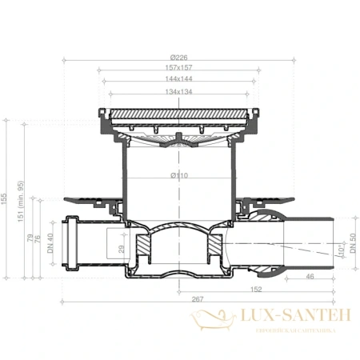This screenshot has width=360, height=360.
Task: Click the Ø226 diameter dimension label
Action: coord(179,57)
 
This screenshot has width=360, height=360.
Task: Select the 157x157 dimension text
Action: coord(179,67)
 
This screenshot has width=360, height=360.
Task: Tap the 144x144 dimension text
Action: coord(179,78)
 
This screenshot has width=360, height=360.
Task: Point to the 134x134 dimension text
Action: coord(179,90)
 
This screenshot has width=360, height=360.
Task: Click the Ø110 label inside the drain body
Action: coord(179,175)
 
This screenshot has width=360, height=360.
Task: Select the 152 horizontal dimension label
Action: coord(256,288)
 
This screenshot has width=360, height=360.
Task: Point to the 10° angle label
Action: coord(340,251)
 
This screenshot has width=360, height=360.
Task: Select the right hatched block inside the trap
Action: coord(215,240)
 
